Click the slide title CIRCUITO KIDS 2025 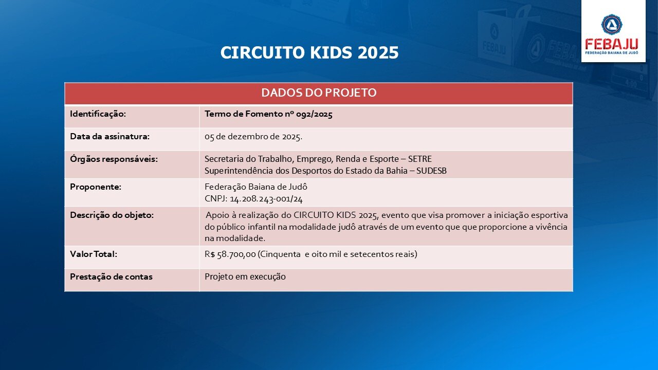click(309, 52)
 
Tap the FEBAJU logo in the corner click(613, 31)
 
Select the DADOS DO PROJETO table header click(319, 93)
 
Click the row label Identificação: click(98, 114)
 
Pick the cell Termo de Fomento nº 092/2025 click(268, 114)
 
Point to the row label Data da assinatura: click(109, 137)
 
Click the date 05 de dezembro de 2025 click(253, 137)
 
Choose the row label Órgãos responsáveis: click(114, 159)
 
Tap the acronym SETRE click(420, 159)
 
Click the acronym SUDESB click(431, 171)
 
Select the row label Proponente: click(96, 187)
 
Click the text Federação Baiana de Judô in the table click(256, 187)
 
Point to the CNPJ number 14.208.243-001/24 click(266, 199)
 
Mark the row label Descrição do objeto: click(112, 215)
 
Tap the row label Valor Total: click(94, 254)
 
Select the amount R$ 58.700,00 click(230, 254)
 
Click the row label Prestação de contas click(111, 277)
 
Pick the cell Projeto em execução click(245, 277)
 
